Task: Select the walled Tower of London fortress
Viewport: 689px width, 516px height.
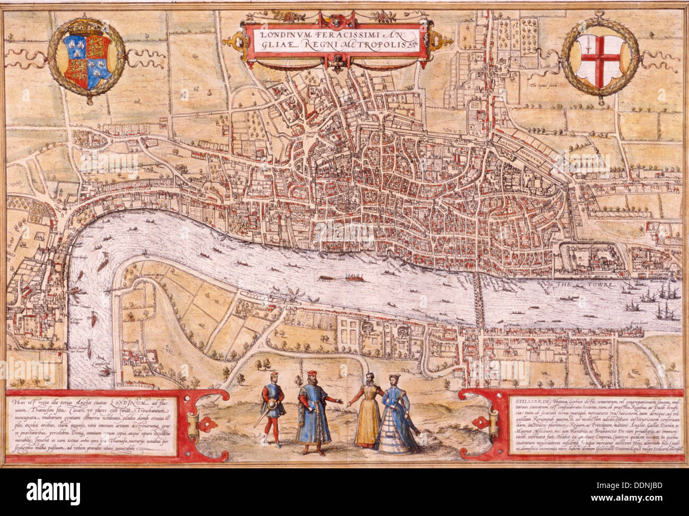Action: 593,260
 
